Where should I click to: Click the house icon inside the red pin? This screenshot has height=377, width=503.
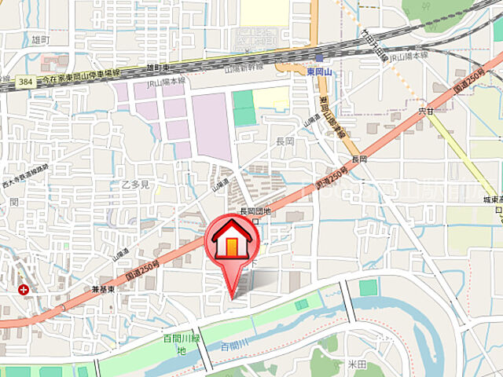click(231, 240)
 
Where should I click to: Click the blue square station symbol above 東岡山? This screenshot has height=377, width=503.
click(319, 58)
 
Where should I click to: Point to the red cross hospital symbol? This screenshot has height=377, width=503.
click(24, 289)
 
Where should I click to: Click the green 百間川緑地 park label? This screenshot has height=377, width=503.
click(179, 343)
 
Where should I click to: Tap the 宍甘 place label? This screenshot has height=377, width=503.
click(426, 112)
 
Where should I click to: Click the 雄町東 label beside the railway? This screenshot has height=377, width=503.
click(157, 69)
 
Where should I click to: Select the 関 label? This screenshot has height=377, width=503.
click(13, 201)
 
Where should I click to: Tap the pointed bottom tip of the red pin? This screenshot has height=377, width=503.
click(231, 296)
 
